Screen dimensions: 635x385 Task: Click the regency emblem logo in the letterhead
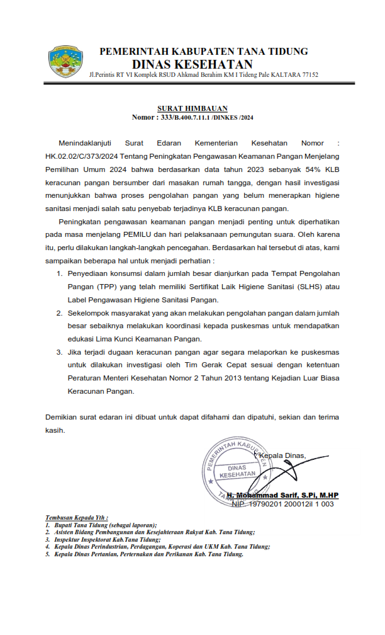[65, 62]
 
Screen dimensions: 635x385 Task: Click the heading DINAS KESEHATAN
[192, 64]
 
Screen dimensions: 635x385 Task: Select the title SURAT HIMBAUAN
[192, 108]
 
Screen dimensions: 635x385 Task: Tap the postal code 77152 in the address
[308, 75]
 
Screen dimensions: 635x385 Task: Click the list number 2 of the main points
[59, 312]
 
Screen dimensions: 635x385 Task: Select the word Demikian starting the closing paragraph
[64, 417]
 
